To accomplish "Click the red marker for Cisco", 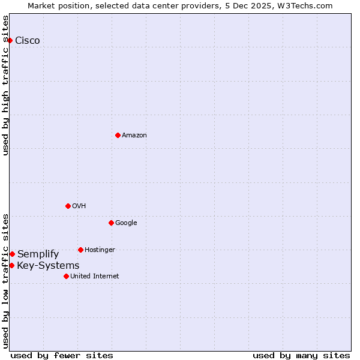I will tap(10, 40).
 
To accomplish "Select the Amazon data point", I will tap(118, 135).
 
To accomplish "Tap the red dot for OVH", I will tap(68, 206).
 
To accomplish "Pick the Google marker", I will tap(111, 223).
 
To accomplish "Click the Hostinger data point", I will tap(80, 250).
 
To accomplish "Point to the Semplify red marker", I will tap(12, 254).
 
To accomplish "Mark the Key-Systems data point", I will tap(11, 265).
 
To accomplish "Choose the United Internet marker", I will tap(66, 276).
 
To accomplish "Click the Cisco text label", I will tap(28, 41).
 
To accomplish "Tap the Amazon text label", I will tap(134, 136).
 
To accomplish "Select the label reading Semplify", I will tap(38, 254).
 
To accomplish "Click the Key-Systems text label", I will tap(48, 266).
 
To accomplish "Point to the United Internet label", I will tap(95, 277).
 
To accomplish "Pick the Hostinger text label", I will tap(100, 250).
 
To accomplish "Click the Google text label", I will tap(126, 223).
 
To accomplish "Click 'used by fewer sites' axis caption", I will tap(62, 355).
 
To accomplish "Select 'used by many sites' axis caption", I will tap(301, 355).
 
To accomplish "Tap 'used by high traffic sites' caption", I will tap(6, 85).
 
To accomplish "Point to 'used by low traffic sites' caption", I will tap(6, 280).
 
